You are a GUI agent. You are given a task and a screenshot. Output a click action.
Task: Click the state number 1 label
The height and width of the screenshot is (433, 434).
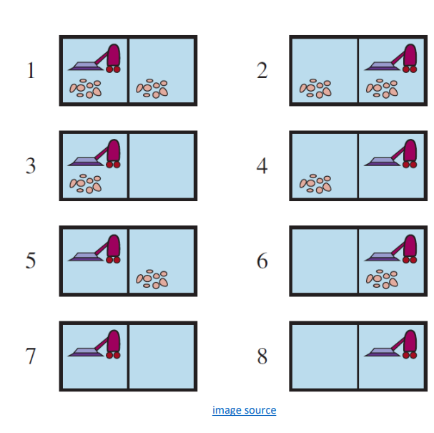[31, 70]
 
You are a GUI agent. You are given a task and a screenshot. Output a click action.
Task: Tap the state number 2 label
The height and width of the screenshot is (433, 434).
[262, 70]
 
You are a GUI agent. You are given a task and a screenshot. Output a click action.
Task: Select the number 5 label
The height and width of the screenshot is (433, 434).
[31, 261]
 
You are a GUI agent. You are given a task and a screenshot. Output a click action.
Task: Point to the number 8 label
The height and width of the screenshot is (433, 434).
[262, 356]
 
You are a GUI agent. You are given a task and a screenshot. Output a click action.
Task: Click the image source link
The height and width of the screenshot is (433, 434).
[244, 410]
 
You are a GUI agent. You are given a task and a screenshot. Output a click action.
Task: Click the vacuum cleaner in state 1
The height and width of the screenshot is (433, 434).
[94, 58]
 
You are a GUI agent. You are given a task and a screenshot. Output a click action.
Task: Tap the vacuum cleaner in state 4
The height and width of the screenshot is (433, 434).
[390, 153]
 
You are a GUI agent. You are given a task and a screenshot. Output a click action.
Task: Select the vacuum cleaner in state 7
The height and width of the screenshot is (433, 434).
[94, 344]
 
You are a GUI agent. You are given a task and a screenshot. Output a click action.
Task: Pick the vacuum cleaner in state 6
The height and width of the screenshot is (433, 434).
[390, 249]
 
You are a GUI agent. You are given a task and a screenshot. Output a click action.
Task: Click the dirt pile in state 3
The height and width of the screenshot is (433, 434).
[86, 183]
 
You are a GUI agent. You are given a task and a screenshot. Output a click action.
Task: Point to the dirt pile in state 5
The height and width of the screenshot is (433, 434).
[152, 279]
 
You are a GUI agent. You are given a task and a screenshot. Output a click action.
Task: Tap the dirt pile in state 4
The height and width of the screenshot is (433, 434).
[315, 183]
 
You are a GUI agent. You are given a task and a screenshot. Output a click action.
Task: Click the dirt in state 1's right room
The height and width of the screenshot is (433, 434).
[152, 88]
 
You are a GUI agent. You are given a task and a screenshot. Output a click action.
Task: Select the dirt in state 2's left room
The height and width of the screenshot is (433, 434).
[315, 88]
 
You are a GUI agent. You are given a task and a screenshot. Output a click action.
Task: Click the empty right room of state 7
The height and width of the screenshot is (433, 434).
[162, 356]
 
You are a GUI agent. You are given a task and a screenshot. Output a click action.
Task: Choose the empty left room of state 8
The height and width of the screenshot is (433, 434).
[325, 356]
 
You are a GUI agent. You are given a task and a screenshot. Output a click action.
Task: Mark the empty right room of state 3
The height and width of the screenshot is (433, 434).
[162, 165]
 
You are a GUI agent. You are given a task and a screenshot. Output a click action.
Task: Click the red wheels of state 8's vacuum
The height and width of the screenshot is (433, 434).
[410, 355]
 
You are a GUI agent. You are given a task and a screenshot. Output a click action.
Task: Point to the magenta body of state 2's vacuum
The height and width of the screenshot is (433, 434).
[410, 55]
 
